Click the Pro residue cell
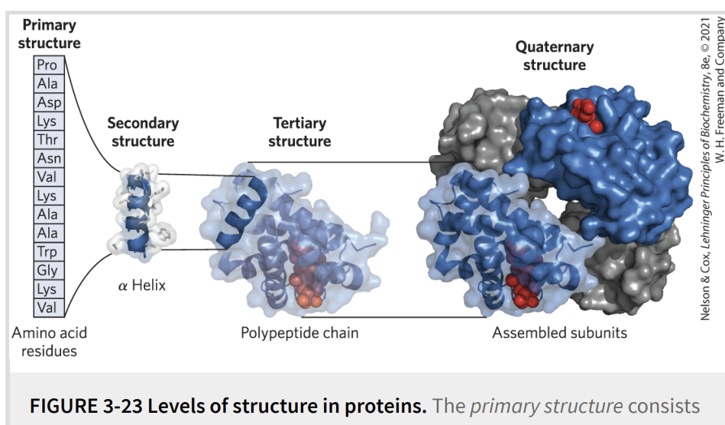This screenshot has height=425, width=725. point(49,65)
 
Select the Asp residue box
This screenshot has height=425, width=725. point(49,102)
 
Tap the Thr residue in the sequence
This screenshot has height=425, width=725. point(49,140)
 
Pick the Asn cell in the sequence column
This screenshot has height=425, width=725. point(49,159)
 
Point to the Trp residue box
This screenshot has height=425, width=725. point(49,252)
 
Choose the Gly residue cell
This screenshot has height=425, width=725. point(49,270)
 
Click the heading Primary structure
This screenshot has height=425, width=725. point(49,34)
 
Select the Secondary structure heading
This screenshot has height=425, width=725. point(143,132)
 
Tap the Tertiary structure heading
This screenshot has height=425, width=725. point(299,132)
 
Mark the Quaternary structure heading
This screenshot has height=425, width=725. point(555,56)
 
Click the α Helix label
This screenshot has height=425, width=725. point(142,285)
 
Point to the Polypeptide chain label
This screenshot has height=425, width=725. point(299,333)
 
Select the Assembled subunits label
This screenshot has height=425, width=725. point(559,333)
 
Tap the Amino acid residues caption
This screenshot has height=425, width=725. point(49,342)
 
